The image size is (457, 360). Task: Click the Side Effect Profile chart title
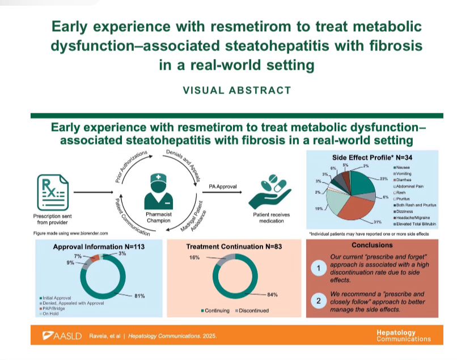tap(367, 156)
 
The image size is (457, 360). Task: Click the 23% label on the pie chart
tap(384, 179)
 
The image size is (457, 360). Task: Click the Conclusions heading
tap(372, 245)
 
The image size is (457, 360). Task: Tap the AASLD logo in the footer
tap(57, 336)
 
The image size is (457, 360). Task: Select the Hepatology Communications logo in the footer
tap(403, 336)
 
